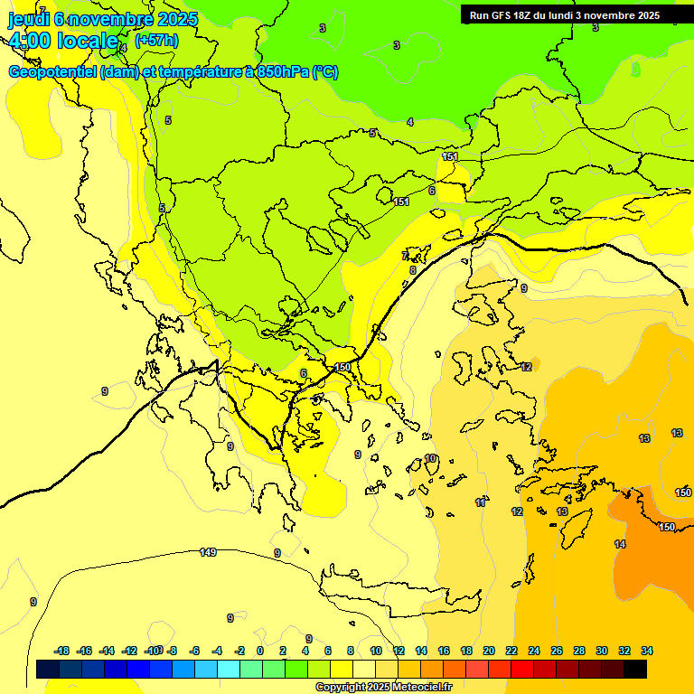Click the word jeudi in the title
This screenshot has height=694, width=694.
pyautogui.click(x=28, y=17)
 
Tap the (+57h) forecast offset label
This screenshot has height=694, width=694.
pyautogui.click(x=156, y=40)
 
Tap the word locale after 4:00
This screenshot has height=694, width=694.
pyautogui.click(x=88, y=41)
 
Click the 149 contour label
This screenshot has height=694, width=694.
pyautogui.click(x=208, y=552)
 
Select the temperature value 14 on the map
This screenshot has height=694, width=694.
pyautogui.click(x=620, y=544)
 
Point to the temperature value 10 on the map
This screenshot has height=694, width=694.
pyautogui.click(x=431, y=459)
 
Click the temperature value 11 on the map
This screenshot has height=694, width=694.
pyautogui.click(x=481, y=502)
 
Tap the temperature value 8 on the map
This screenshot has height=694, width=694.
pyautogui.click(x=413, y=270)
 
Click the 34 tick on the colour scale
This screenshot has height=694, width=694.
pyautogui.click(x=647, y=651)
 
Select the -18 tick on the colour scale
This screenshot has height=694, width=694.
pyautogui.click(x=62, y=651)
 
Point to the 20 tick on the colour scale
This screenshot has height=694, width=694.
pyautogui.click(x=489, y=651)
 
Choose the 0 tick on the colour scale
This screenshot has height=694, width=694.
pyautogui.click(x=260, y=651)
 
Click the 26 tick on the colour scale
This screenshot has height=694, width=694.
pyautogui.click(x=557, y=651)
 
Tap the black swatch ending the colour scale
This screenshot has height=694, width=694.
pyautogui.click(x=635, y=670)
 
